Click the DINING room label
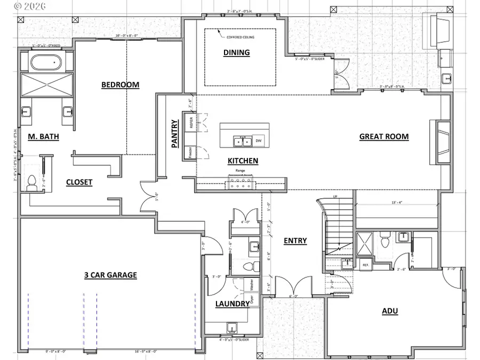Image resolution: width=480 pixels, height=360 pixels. click(x=236, y=52)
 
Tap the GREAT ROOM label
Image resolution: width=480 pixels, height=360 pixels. click(x=384, y=137)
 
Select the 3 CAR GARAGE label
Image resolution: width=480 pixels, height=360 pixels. click(x=110, y=275)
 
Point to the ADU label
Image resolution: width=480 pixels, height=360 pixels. click(x=390, y=311)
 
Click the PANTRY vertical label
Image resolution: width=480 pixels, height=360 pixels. click(x=174, y=133)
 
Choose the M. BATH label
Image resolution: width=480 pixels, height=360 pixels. click(x=43, y=137)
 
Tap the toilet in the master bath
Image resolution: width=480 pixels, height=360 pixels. click(x=31, y=182)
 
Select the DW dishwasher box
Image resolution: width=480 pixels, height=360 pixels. click(x=259, y=141)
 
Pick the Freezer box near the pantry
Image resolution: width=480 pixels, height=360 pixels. click(x=190, y=153)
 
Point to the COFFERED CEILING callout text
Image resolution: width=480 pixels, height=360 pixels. click(x=241, y=37)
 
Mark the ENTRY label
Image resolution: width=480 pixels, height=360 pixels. click(x=295, y=241)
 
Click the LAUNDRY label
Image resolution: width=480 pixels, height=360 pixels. click(x=232, y=304)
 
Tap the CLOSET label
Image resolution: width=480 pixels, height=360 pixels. click(x=79, y=182)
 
